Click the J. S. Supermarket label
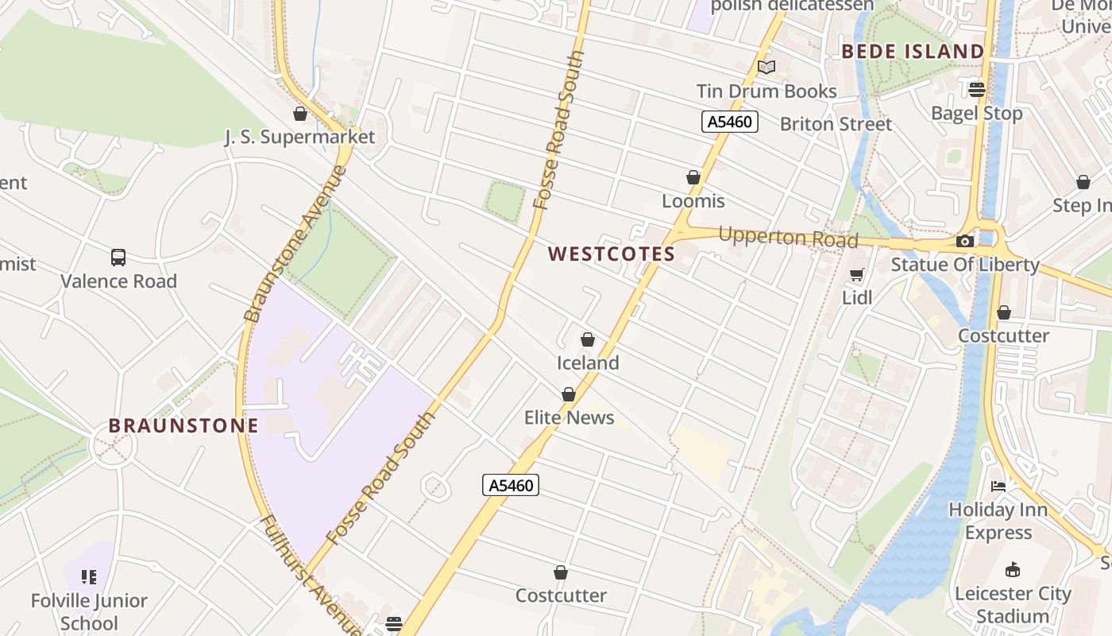coord(299,137)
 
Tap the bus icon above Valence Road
coord(118,258)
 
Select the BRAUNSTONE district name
coord(183,425)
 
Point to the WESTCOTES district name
coord(612,254)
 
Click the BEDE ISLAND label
coord(913,52)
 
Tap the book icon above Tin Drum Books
coord(766,68)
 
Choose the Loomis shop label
coord(693,200)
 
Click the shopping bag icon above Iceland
coord(588,340)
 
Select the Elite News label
coord(569,417)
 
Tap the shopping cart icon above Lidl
coord(857,275)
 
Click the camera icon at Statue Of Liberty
coord(965,241)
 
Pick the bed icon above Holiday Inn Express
coord(998,486)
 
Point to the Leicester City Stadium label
coord(1013,604)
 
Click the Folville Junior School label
coord(89,611)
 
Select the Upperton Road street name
coord(788,238)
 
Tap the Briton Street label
coord(836,124)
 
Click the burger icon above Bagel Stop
coord(977,89)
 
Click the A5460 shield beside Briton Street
coord(730,122)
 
